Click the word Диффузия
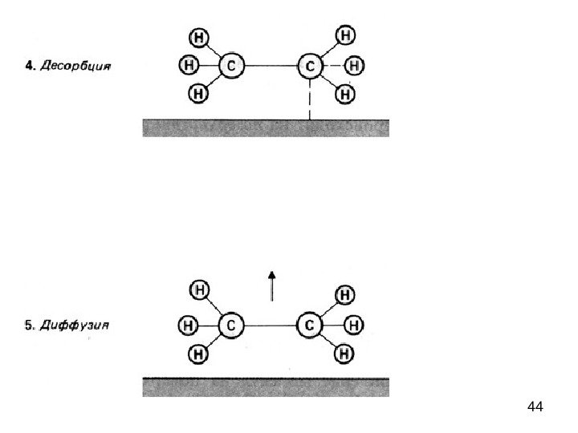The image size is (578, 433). pyautogui.click(x=76, y=326)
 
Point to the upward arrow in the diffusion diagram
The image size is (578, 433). pyautogui.click(x=272, y=285)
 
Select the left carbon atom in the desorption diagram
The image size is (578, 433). pyautogui.click(x=231, y=66)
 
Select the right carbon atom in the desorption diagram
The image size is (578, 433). pyautogui.click(x=309, y=66)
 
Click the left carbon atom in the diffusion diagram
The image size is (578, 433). pyautogui.click(x=231, y=326)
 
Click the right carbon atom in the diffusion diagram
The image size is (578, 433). pyautogui.click(x=310, y=326)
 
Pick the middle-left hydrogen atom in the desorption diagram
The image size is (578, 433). pyautogui.click(x=188, y=64)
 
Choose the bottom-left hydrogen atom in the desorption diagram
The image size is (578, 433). pyautogui.click(x=197, y=94)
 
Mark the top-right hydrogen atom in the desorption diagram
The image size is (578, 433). pyautogui.click(x=345, y=36)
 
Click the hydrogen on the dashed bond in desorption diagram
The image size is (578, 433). pyautogui.click(x=354, y=65)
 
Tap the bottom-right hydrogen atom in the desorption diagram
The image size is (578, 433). pyautogui.click(x=345, y=94)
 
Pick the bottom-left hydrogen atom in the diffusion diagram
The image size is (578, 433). pyautogui.click(x=198, y=353)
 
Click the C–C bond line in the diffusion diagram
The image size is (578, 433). pyautogui.click(x=271, y=326)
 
